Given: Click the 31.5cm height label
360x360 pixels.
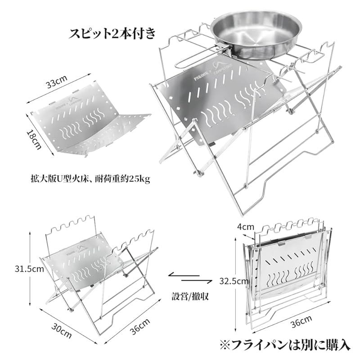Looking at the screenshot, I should pos(28,269).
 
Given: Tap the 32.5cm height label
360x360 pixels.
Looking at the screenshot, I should pos(233,281).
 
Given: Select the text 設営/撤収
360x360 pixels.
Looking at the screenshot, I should pos(187,297).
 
